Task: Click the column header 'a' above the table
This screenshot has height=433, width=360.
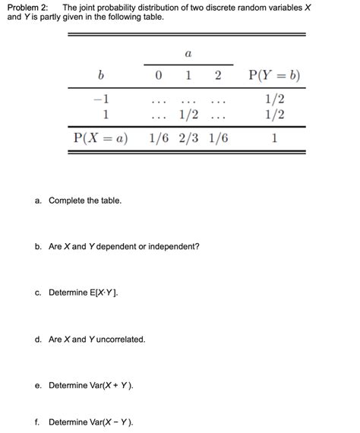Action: point(188,54)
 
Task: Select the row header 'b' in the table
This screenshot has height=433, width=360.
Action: point(99,75)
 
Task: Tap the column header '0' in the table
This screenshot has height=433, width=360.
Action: point(157,75)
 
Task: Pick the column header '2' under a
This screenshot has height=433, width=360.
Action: point(218,75)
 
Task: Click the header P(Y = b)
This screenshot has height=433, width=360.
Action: point(274,75)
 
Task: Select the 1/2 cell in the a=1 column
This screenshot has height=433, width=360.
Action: point(188,115)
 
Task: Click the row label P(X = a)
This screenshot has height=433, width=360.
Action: point(100,138)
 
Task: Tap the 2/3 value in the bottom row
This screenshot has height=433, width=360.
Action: point(188,138)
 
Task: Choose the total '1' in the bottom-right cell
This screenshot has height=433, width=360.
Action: point(274,138)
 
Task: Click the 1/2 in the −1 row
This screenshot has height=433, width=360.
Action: point(274,100)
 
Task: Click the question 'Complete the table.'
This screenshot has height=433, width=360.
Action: point(84,201)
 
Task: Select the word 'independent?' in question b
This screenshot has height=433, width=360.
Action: point(174,247)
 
